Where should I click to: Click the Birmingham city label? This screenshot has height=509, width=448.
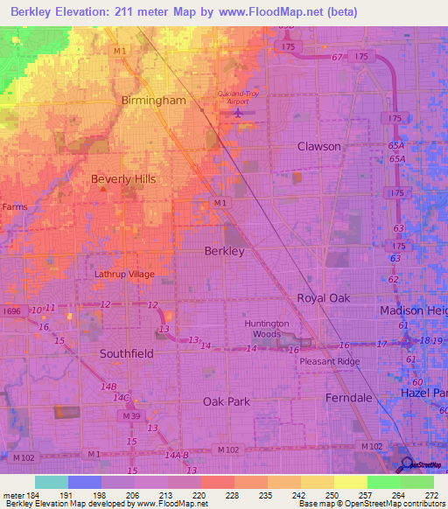click(154, 101)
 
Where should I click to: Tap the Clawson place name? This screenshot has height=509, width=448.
click(318, 146)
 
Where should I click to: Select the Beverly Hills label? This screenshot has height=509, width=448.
click(123, 179)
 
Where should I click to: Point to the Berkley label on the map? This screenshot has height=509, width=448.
click(224, 251)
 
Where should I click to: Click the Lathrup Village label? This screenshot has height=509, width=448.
click(124, 274)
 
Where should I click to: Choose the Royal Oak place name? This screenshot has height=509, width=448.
click(323, 298)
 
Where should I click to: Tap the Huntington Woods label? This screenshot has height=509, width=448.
click(267, 329)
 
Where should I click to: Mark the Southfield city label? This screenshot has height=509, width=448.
click(126, 354)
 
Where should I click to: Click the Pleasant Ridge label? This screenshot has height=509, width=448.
click(329, 360)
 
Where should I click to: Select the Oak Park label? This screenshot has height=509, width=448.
click(227, 401)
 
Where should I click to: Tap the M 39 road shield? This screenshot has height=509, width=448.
click(130, 415)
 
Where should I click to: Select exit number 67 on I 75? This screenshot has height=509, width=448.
click(335, 58)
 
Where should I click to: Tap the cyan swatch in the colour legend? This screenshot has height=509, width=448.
click(52, 482)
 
